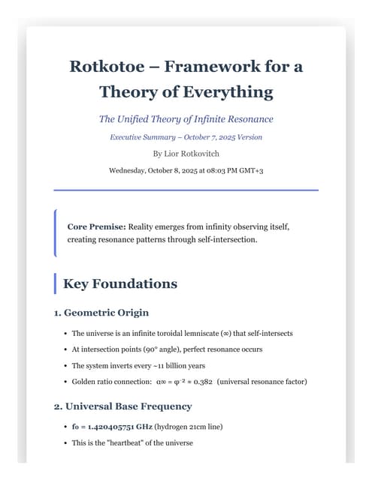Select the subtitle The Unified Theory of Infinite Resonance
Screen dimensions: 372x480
coord(186,119)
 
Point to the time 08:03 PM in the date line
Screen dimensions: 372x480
coord(214,170)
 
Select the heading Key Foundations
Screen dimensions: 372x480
coord(119,283)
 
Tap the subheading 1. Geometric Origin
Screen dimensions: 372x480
coord(101,312)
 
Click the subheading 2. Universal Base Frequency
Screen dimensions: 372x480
coord(122,406)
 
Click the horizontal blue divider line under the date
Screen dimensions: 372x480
coord(186,190)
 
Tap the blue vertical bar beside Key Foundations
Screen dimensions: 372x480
coord(55,283)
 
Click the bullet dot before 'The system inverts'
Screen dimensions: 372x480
coord(65,366)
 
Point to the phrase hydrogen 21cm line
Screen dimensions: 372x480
coord(192,427)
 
